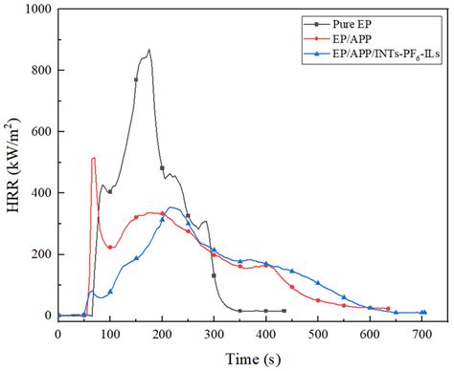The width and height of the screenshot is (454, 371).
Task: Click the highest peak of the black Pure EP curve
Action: click(x=149, y=50)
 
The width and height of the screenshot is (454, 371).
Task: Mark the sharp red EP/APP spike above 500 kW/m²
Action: click(x=93, y=158)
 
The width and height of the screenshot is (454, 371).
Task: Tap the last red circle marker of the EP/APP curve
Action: click(x=388, y=308)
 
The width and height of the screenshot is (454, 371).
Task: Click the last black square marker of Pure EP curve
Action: click(x=284, y=311)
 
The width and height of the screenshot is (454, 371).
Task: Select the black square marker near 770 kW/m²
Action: click(x=136, y=79)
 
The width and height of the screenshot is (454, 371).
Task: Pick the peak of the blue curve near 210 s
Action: click(x=169, y=207)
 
